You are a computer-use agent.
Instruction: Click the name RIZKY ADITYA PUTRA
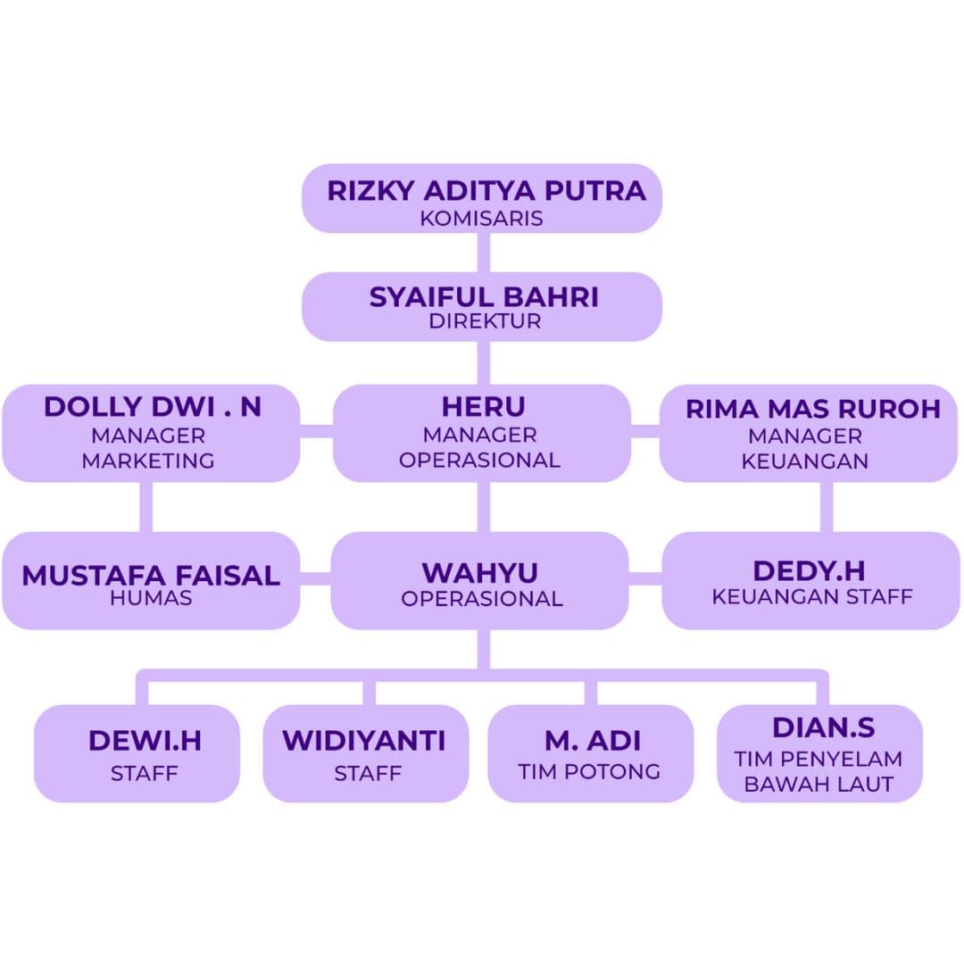coord(486,191)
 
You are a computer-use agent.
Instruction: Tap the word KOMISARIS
coord(481,219)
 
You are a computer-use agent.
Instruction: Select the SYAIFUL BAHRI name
coord(484,297)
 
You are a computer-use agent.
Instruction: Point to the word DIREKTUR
coord(484,321)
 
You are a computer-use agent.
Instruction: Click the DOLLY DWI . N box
coord(151,434)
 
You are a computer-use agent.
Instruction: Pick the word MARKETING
coord(148,461)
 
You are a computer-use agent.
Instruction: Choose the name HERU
coord(483,407)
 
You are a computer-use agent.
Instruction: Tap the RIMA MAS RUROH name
coord(813,409)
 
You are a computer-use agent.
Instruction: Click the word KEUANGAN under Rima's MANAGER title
coord(804,461)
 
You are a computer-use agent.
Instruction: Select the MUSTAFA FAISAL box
coord(151,581)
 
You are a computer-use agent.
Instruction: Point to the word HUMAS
coord(151,598)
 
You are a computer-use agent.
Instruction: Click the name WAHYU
coord(480,572)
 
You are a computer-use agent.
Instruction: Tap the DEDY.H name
coord(809,571)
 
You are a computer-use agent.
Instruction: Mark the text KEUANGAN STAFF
coord(811,596)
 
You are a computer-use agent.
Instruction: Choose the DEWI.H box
coord(137,753)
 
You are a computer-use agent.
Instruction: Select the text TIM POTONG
coord(589,772)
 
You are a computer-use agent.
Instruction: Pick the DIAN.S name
coord(823,728)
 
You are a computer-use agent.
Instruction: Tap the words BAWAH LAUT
coord(819,785)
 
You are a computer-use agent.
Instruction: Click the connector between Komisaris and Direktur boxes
coord(483,253)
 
